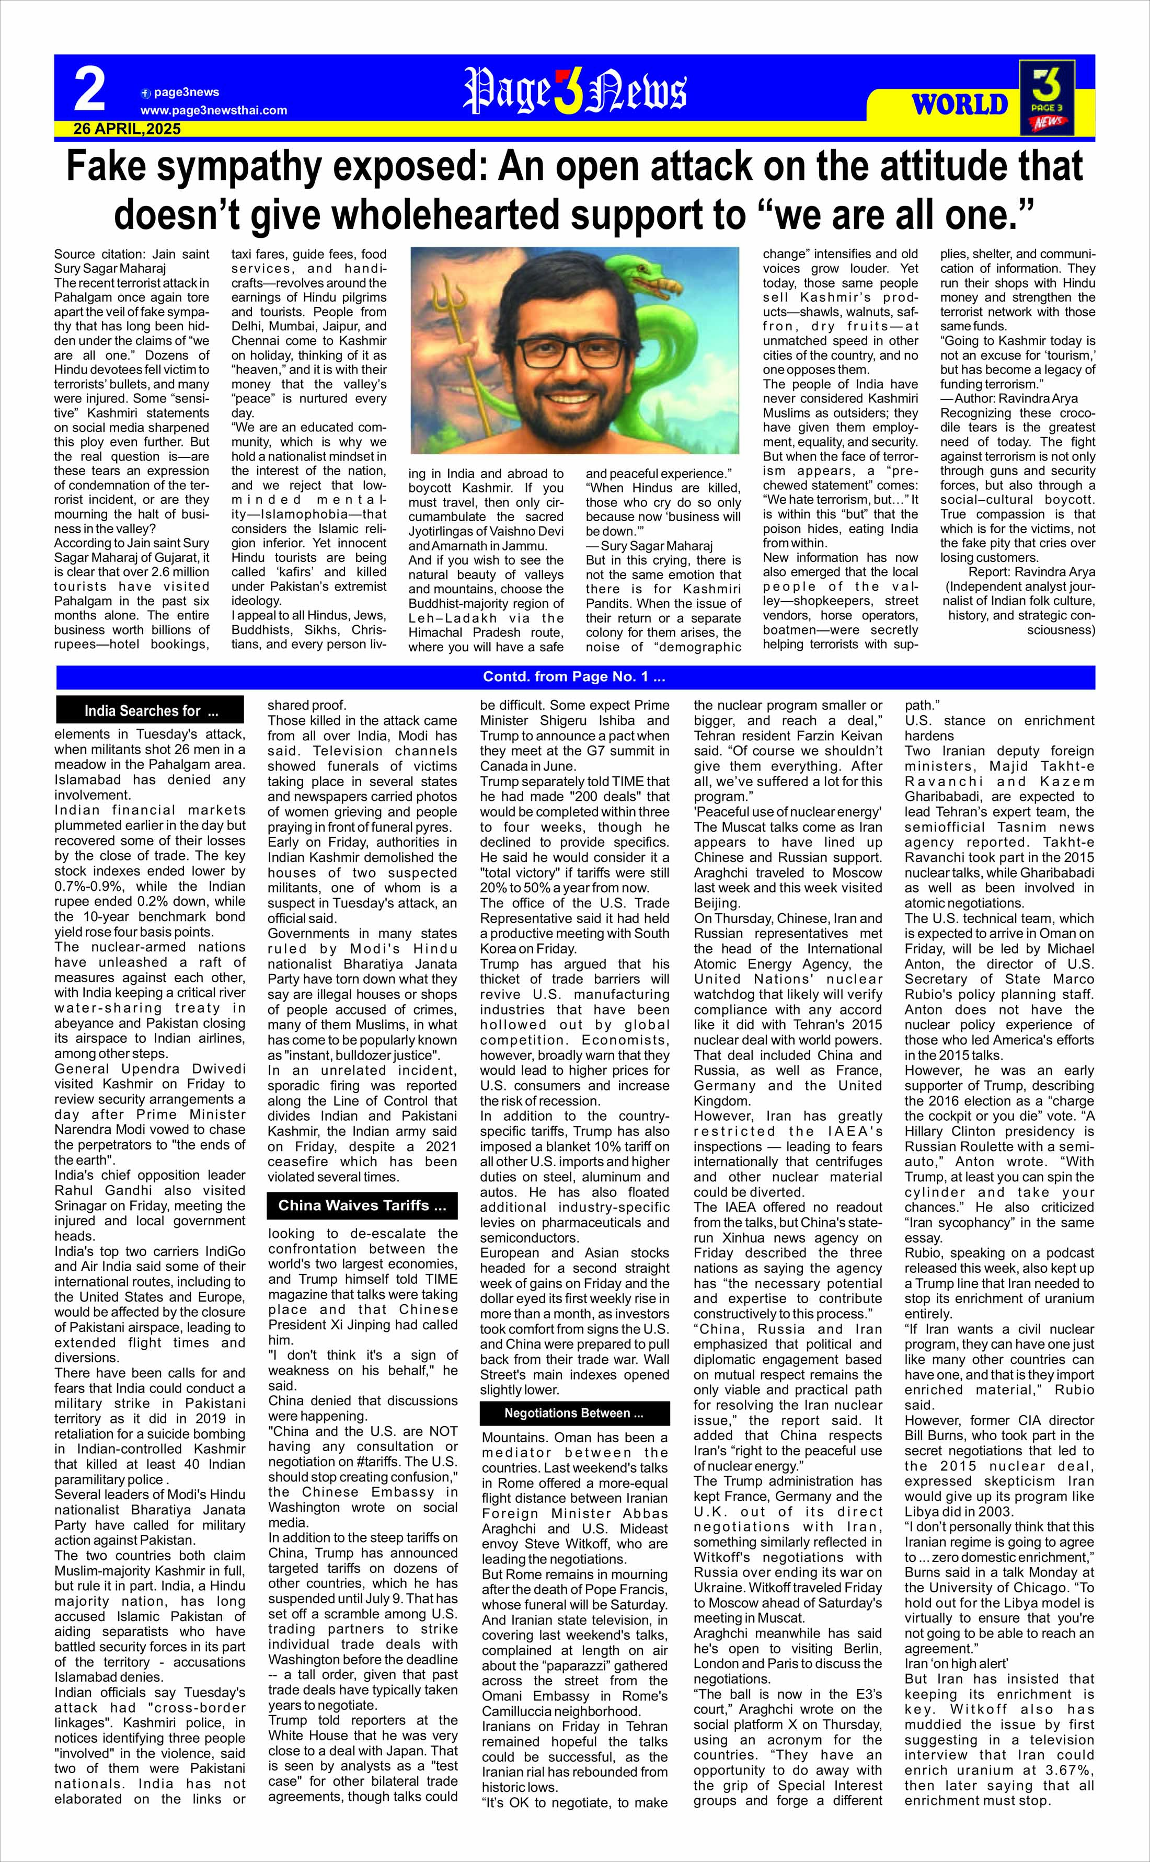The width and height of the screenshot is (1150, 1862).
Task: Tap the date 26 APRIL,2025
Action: (x=127, y=129)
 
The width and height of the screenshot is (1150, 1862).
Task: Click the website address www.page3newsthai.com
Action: (x=214, y=110)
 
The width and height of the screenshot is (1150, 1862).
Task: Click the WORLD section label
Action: (x=960, y=104)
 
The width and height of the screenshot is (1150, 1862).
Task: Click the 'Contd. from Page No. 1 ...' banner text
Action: (x=574, y=677)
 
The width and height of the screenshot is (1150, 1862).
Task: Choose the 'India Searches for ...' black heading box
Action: (x=151, y=710)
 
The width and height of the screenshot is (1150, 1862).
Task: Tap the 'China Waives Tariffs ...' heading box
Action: (x=362, y=1205)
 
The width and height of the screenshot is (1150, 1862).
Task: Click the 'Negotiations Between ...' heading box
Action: (x=574, y=1413)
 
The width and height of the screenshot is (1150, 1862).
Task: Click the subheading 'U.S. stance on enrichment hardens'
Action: (x=998, y=728)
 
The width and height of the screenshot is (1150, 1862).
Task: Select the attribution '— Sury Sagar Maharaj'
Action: (x=649, y=546)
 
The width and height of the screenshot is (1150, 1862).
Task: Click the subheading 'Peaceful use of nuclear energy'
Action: (x=787, y=812)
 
